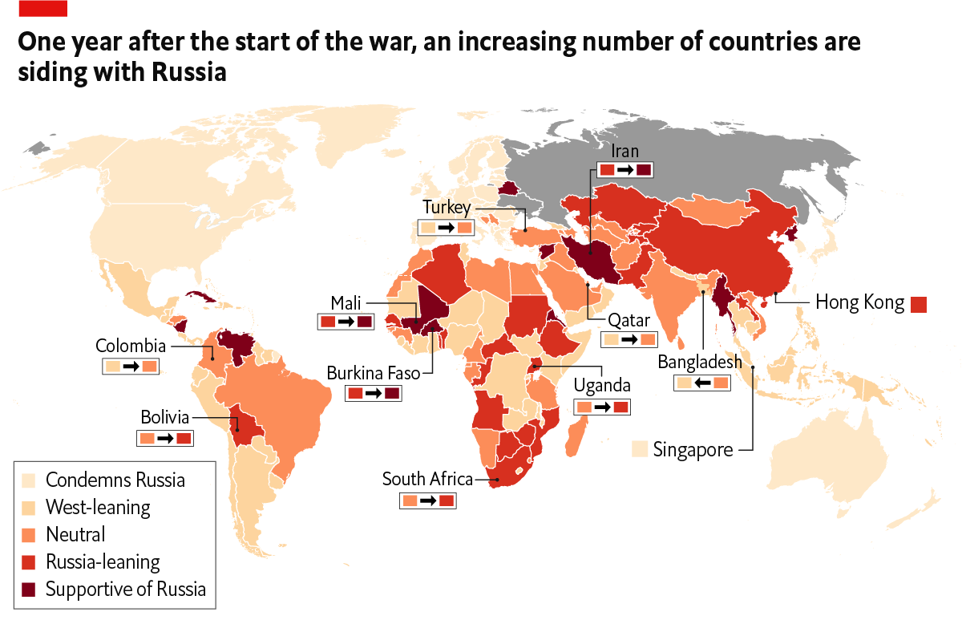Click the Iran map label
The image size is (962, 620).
point(624,151)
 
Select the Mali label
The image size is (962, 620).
point(346,303)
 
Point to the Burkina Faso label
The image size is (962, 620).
point(374,374)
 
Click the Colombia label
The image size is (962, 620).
point(131,346)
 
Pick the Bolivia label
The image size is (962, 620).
point(164,418)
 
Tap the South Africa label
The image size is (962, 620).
point(428,480)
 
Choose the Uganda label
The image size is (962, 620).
point(602,386)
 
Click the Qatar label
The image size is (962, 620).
point(629,320)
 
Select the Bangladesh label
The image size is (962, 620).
point(700,363)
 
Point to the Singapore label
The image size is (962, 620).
point(693,450)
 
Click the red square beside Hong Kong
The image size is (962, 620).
point(919,304)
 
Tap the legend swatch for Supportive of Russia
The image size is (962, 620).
point(30,590)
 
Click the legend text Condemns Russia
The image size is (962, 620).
point(115,480)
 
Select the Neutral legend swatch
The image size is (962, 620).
point(30,535)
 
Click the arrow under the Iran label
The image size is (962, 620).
point(624,170)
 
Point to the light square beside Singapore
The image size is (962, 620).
point(639,449)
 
